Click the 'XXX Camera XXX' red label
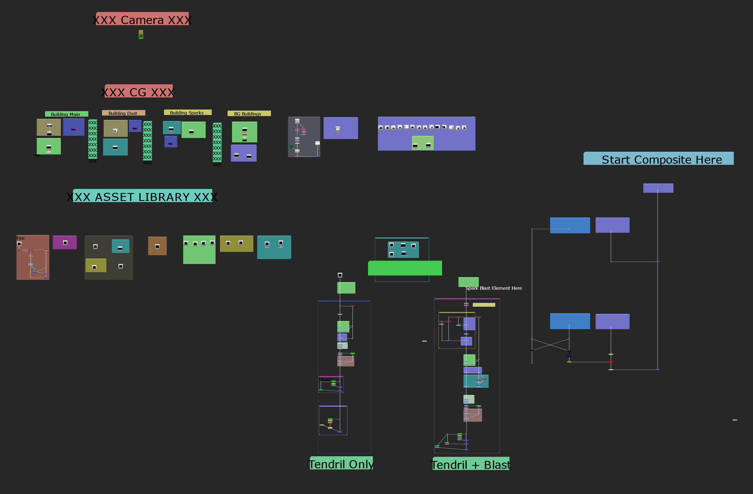coord(142,19)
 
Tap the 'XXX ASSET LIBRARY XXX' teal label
coord(142,196)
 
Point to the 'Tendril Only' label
coord(341,463)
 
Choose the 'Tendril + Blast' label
coord(471,464)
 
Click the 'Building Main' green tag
coord(66,114)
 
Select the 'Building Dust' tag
coord(123,113)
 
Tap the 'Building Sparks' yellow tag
coord(187,113)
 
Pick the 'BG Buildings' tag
coord(249,113)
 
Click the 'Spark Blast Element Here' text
coord(494,288)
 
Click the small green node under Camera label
coord(141,35)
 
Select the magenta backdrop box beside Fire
coord(64,242)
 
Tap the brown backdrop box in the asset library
coord(157,246)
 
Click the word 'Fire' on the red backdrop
coord(20,238)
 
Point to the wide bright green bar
coord(405,268)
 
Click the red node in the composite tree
coord(611,362)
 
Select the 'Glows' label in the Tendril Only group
coord(325,379)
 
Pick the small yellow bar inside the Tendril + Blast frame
coord(483,305)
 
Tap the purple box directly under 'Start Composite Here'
coord(658,188)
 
